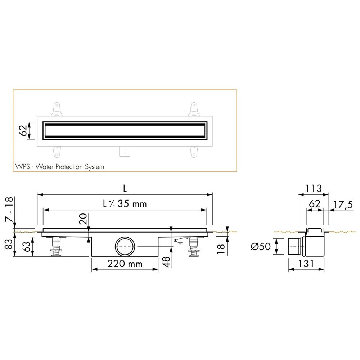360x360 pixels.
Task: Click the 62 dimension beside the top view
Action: pyautogui.click(x=22, y=130)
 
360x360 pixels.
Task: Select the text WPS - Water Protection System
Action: pyautogui.click(x=60, y=167)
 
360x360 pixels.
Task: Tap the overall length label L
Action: pyautogui.click(x=124, y=188)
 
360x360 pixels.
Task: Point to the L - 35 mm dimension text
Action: pyautogui.click(x=125, y=204)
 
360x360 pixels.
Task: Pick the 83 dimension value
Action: pyautogui.click(x=8, y=244)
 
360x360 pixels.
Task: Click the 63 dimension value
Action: pyautogui.click(x=26, y=247)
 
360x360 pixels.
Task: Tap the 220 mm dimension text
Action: pyautogui.click(x=125, y=264)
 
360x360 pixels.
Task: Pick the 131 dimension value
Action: pyautogui.click(x=307, y=264)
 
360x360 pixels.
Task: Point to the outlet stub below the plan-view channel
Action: pyautogui.click(x=125, y=152)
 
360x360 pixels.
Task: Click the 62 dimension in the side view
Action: pyautogui.click(x=314, y=204)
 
